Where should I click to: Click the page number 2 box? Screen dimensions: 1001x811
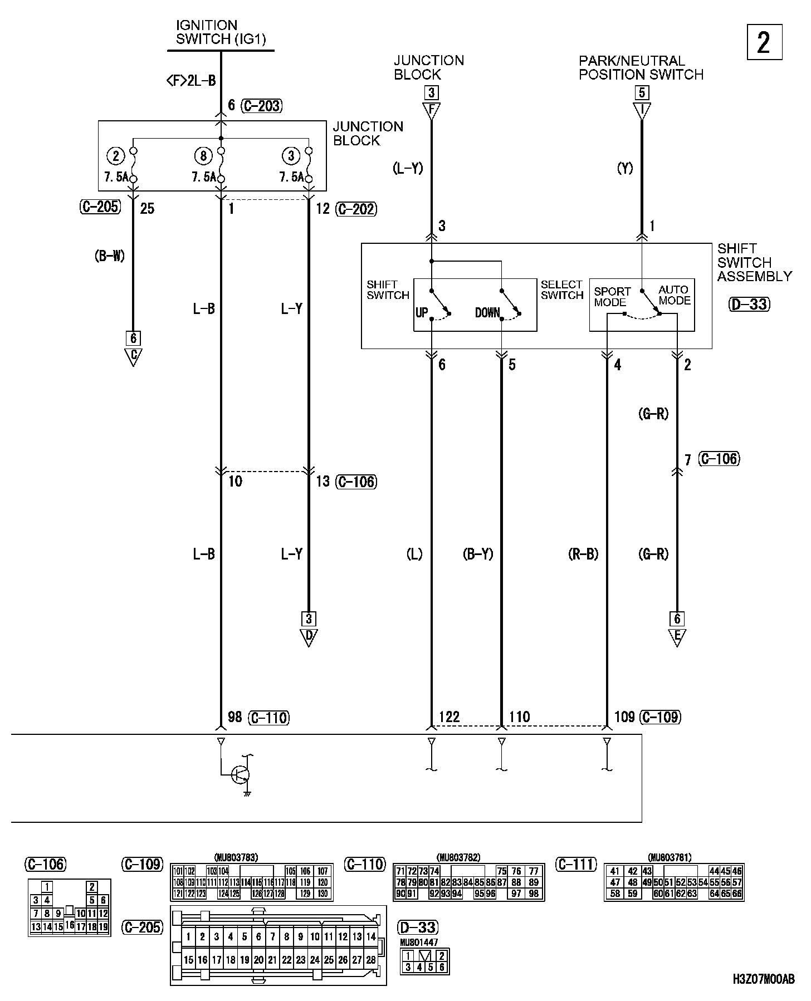764,43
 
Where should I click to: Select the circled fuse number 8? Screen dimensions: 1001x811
203,156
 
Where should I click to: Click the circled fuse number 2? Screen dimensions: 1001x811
116,156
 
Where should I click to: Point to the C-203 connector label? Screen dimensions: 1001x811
262,106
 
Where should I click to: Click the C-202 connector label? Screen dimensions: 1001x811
356,209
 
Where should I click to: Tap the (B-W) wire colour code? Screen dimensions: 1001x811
110,256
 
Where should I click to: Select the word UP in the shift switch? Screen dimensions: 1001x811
422,312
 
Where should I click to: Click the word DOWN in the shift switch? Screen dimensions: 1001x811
487,312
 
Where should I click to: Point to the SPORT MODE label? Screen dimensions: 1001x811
612,297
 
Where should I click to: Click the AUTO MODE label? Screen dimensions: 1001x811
674,295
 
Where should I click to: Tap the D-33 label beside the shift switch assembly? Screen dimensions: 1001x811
749,304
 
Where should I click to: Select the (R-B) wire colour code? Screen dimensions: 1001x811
583,554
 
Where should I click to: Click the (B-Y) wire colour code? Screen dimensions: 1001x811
478,554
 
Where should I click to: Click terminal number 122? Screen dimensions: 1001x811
449,717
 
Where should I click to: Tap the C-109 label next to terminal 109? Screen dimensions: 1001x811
660,717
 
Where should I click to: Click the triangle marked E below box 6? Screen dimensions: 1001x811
677,637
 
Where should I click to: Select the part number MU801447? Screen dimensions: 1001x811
419,943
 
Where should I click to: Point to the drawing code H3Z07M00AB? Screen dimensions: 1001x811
764,979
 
